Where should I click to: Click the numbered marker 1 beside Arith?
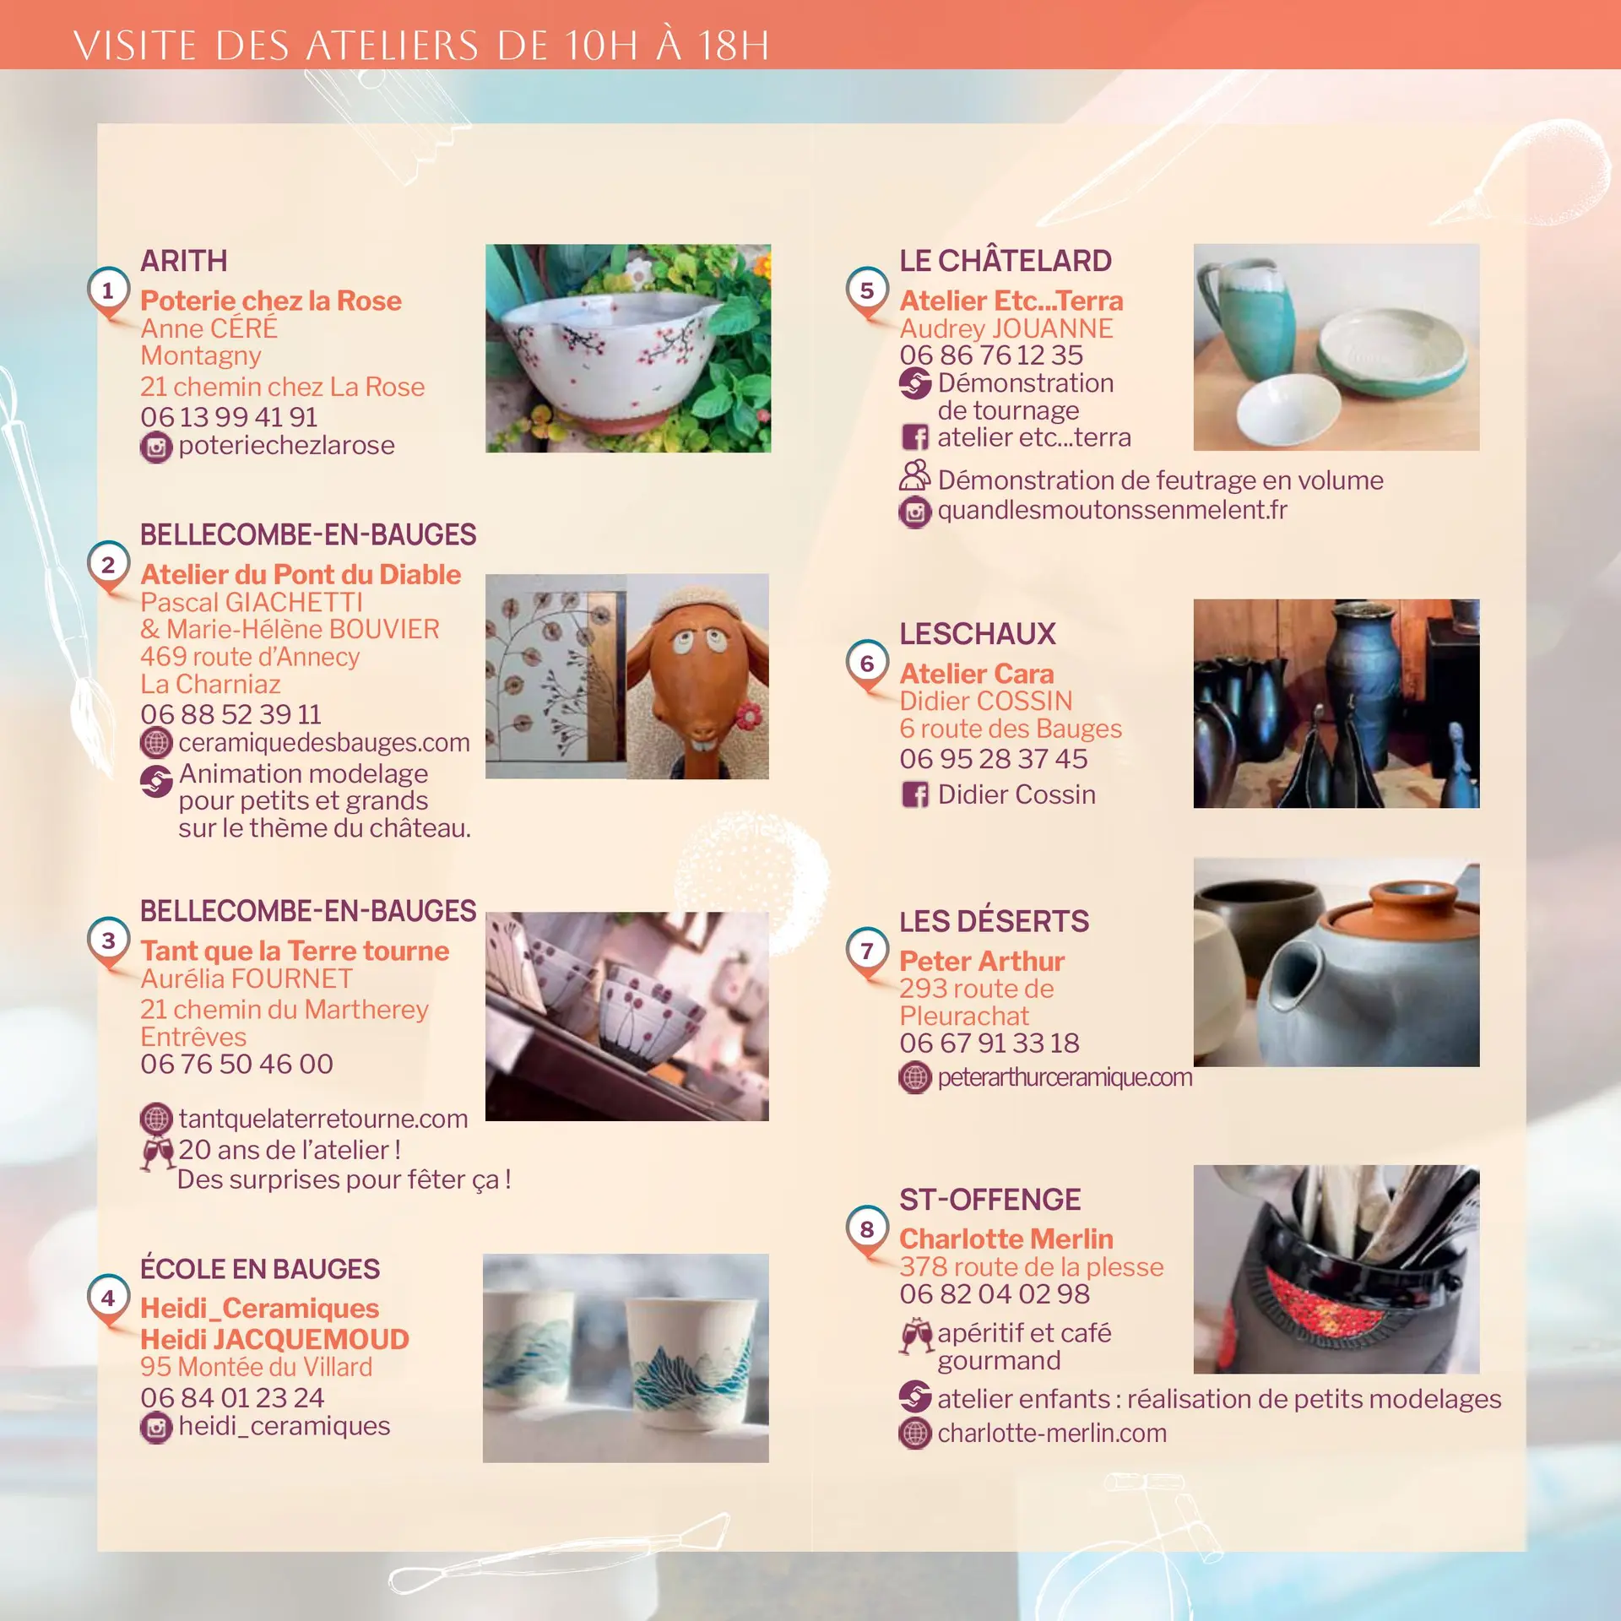pos(108,291)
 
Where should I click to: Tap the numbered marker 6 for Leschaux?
pos(867,664)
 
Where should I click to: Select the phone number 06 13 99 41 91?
pos(229,417)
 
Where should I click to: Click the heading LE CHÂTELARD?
pos(1005,260)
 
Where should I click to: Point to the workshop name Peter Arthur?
pos(981,961)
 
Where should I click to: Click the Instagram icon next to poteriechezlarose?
pos(156,447)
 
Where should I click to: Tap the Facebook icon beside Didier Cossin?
pos(915,794)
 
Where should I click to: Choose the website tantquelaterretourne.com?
pos(323,1119)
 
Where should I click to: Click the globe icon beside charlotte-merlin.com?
pos(915,1433)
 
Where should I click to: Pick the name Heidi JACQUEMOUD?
pos(274,1339)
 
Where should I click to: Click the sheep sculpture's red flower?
pos(747,716)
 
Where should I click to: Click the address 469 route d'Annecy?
pos(250,657)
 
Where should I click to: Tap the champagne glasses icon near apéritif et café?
pos(916,1336)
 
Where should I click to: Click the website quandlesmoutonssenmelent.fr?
pos(1112,510)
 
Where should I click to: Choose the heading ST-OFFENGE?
pos(989,1199)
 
